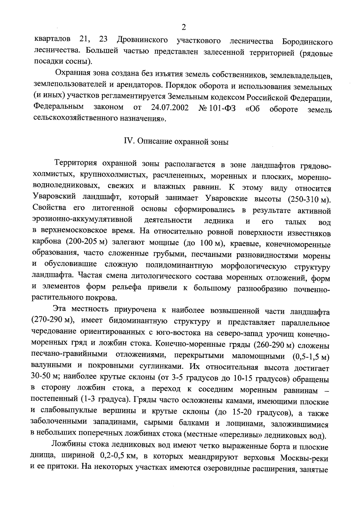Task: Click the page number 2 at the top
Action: coord(184,28)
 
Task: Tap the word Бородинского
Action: coord(307,41)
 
